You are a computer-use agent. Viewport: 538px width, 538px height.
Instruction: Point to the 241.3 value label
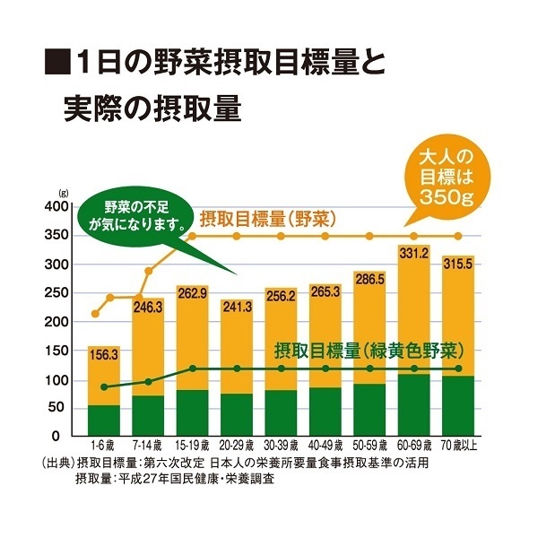pyautogui.click(x=238, y=306)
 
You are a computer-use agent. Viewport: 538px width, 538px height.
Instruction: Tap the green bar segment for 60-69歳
pyautogui.click(x=414, y=404)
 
